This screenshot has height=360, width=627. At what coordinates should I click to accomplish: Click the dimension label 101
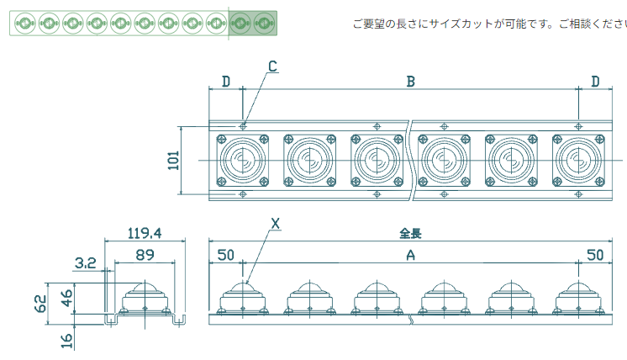(x=174, y=161)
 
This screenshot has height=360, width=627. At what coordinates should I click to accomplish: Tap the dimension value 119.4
(x=144, y=233)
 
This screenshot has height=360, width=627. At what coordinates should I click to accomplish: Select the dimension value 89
(x=144, y=255)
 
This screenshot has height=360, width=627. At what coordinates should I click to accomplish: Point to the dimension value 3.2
(x=85, y=263)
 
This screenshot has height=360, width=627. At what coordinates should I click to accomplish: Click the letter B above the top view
(x=411, y=82)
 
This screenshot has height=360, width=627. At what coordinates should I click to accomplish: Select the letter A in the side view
(x=410, y=257)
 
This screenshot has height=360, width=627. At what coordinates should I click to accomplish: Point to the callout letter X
(x=275, y=224)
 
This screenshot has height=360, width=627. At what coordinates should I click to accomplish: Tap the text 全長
(x=410, y=233)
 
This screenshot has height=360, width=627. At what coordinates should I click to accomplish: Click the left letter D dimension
(x=225, y=82)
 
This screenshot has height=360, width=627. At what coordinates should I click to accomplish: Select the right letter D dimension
(x=595, y=82)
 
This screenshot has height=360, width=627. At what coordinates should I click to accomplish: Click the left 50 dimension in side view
(x=225, y=255)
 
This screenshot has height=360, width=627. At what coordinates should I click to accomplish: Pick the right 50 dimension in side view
(x=595, y=255)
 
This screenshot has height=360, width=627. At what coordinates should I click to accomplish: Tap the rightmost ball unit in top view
(x=577, y=159)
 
